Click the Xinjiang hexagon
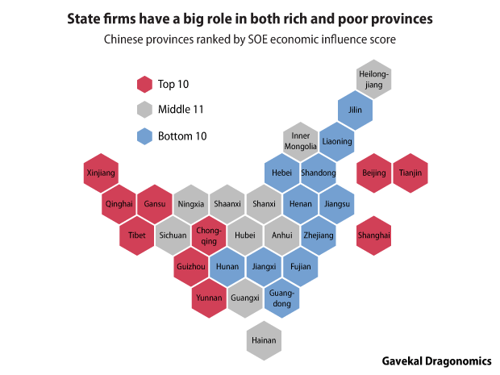pyautogui.click(x=102, y=173)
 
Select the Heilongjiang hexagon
pyautogui.click(x=373, y=79)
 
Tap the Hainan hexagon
pyautogui.click(x=264, y=340)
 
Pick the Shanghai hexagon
pyautogui.click(x=373, y=235)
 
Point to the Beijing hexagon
pyautogui.click(x=374, y=173)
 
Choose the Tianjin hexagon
pyautogui.click(x=410, y=173)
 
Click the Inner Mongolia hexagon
pyautogui.click(x=301, y=141)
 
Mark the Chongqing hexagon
pyautogui.click(x=208, y=235)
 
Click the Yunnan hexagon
pyautogui.click(x=209, y=298)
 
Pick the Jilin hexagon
pyautogui.click(x=355, y=110)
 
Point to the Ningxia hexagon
pyautogui.click(x=191, y=204)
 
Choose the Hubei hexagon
pyautogui.click(x=245, y=235)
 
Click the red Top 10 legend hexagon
pyautogui.click(x=144, y=84)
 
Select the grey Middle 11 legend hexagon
pyautogui.click(x=144, y=110)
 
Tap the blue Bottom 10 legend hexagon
pyautogui.click(x=144, y=136)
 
